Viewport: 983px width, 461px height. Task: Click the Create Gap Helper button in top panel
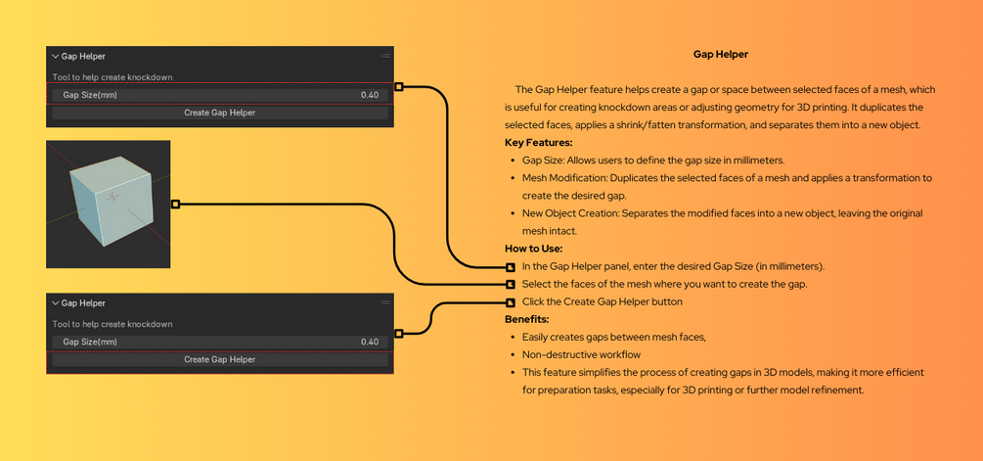219,113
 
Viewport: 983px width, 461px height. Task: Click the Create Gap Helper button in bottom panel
219,359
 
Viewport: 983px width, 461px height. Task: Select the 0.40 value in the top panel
369,95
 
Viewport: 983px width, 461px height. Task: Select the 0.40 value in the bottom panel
369,342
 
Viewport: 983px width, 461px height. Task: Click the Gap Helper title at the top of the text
720,55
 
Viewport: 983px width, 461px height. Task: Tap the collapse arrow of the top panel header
56,57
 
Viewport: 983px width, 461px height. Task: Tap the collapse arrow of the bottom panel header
56,303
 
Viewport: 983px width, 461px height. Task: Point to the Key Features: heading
538,143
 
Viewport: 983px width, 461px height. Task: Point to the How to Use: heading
533,249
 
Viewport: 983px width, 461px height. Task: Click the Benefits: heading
526,319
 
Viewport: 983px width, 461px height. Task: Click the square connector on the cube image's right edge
175,205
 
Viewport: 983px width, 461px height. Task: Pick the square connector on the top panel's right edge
398,87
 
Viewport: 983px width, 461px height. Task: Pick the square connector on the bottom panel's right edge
398,334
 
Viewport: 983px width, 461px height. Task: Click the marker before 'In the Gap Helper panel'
511,267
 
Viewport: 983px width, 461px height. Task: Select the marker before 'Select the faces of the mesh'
511,285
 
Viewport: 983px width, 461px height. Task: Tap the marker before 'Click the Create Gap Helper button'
511,302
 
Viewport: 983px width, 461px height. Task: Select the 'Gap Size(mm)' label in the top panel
90,95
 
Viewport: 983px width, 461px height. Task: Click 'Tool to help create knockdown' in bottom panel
112,324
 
